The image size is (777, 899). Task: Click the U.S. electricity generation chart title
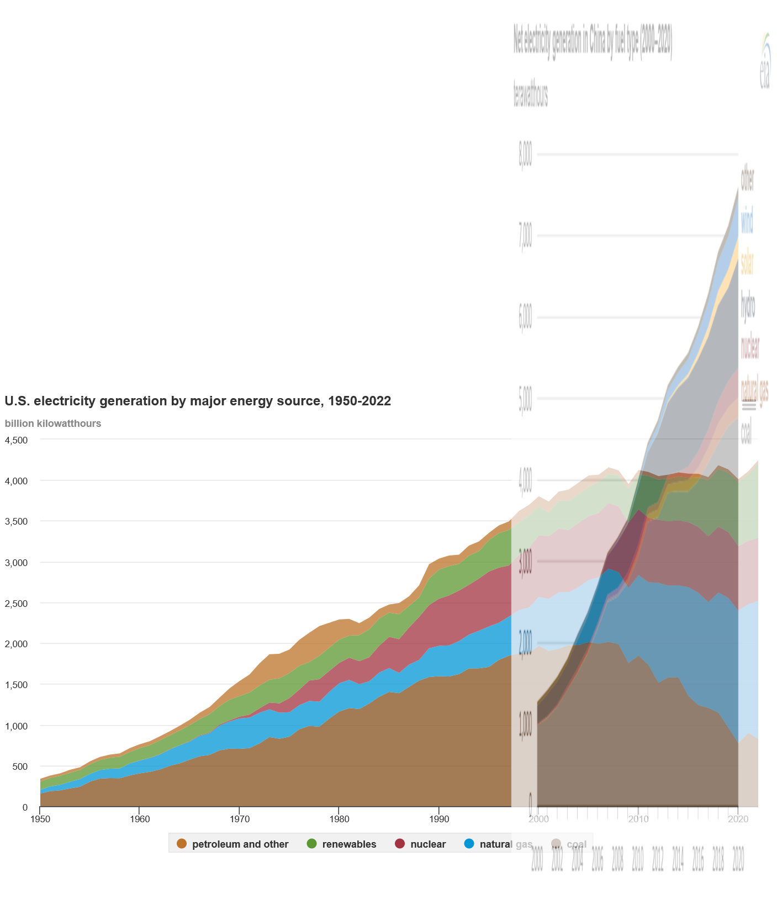(x=198, y=401)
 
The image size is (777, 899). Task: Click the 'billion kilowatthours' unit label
(x=53, y=424)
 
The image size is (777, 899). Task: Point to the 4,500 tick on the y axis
(x=16, y=440)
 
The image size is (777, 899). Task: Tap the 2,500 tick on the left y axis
(x=16, y=604)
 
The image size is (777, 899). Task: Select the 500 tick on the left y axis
(x=20, y=766)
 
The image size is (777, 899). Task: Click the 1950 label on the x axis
(x=40, y=819)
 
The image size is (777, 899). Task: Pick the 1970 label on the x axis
(x=239, y=819)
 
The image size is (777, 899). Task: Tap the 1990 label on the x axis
(x=438, y=819)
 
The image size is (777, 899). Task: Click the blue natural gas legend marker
(x=469, y=844)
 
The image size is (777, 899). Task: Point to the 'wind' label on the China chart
(x=747, y=220)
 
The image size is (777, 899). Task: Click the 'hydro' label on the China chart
(x=748, y=305)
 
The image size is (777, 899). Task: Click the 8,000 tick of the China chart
(x=525, y=155)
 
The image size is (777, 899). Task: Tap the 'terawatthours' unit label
(x=531, y=94)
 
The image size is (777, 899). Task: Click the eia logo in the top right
(x=765, y=61)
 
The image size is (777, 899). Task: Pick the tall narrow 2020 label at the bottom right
(x=738, y=859)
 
